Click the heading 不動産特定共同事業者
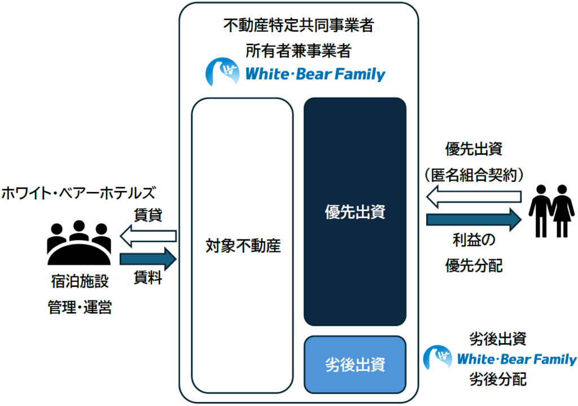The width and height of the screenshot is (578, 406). click(299, 25)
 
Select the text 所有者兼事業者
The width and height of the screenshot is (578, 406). click(299, 50)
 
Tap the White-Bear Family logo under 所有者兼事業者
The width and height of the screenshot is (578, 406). click(295, 72)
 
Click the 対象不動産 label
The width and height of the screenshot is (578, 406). click(243, 246)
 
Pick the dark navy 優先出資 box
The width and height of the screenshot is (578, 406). click(355, 212)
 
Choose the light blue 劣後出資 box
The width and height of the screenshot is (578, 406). click(355, 365)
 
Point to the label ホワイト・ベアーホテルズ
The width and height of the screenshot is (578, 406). click(78, 193)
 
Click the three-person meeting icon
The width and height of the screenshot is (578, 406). click(79, 243)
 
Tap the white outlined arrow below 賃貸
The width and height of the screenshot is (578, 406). click(148, 236)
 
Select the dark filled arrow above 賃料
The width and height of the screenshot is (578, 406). click(148, 259)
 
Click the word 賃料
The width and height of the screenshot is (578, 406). click(148, 277)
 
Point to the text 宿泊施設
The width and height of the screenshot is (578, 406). click(80, 281)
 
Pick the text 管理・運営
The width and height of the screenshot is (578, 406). click(80, 307)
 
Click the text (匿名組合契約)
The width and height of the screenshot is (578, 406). click(474, 175)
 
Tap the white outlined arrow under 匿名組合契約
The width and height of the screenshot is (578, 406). click(474, 197)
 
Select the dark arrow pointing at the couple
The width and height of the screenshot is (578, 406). click(474, 220)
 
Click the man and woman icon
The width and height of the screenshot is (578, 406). click(551, 211)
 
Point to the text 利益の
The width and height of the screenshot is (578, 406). click(474, 240)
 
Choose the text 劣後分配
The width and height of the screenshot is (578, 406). click(498, 379)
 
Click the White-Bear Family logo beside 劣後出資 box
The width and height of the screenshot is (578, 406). click(500, 358)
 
